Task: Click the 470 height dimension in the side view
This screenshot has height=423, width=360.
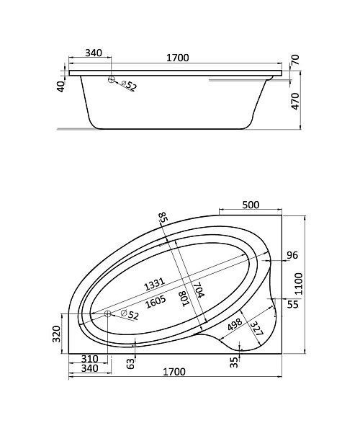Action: coord(295,101)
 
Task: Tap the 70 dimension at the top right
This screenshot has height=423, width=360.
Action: coord(295,59)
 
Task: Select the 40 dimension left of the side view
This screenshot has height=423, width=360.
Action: coord(61,86)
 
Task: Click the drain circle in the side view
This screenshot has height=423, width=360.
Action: coord(111,79)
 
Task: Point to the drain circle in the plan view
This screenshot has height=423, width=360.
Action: coord(108,313)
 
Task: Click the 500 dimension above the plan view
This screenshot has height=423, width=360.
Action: coord(251,205)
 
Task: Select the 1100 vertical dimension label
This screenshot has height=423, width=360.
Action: coord(299,283)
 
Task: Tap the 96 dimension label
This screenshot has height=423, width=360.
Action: coord(292,255)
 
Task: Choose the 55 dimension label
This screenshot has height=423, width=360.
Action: coord(292,304)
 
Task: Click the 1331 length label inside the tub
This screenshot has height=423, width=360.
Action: coord(155,284)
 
